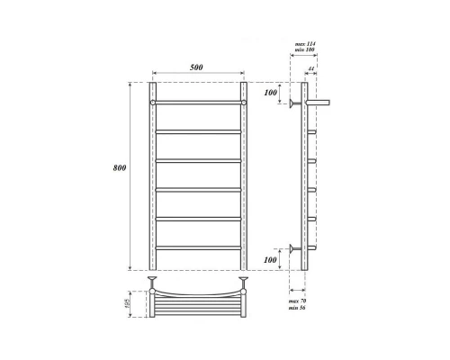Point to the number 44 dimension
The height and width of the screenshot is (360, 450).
click(310, 69)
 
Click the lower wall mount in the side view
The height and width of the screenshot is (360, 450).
click(294, 247)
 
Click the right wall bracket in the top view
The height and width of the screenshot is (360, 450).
click(243, 286)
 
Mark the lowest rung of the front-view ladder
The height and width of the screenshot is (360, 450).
click(198, 247)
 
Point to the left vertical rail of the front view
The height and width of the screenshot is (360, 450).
click(154, 180)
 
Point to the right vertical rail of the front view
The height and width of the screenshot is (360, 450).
click(243, 180)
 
